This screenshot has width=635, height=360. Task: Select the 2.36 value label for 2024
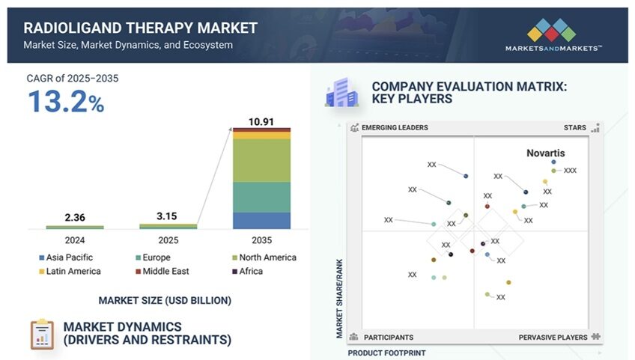[x=75, y=218]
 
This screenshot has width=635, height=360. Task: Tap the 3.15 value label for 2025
[x=168, y=216]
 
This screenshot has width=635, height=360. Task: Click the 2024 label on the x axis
[x=75, y=241]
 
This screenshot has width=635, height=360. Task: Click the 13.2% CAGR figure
[x=66, y=102]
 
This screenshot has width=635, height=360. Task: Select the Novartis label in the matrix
[x=545, y=153]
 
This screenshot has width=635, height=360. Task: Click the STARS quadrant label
[x=574, y=128]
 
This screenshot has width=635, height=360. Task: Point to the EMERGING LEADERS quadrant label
[x=395, y=128]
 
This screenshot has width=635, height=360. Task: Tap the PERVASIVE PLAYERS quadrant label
[x=553, y=338]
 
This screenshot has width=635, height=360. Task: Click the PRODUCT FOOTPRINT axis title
[x=386, y=353]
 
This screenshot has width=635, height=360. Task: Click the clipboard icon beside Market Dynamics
[x=42, y=334]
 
